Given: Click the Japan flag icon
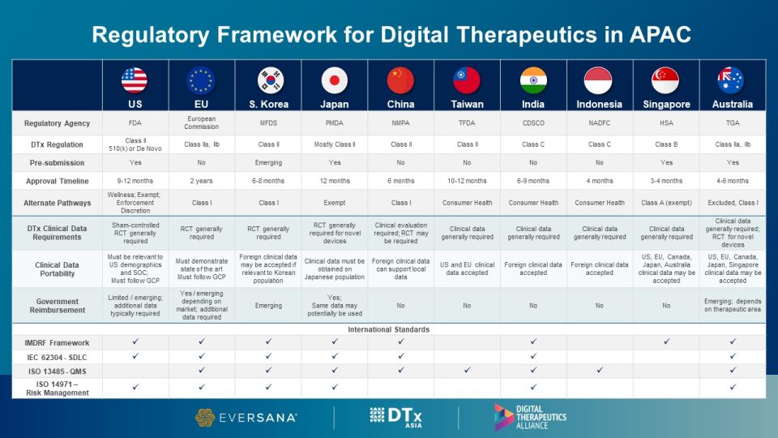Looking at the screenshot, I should tap(334, 79).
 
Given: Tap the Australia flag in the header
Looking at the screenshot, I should tap(732, 79).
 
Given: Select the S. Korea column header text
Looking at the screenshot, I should tap(267, 104).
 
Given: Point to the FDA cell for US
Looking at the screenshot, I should tap(135, 123).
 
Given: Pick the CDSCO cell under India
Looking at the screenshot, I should tap(533, 123).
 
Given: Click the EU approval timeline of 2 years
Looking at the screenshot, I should tap(201, 180).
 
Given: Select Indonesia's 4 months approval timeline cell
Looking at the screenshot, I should tap(600, 180).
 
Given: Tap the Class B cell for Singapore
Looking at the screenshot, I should tap(666, 144).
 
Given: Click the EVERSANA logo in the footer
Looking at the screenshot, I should tap(246, 417).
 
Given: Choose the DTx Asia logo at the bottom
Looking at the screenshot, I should tap(395, 417).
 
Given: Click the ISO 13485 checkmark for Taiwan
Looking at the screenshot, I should tap(467, 371).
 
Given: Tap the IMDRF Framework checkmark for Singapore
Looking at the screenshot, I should tap(666, 342).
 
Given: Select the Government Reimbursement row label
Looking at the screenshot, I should tap(57, 306).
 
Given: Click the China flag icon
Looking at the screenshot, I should tap(400, 79).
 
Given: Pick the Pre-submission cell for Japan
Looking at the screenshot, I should tap(334, 162).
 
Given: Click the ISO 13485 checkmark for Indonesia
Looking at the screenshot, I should tap(600, 371).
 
